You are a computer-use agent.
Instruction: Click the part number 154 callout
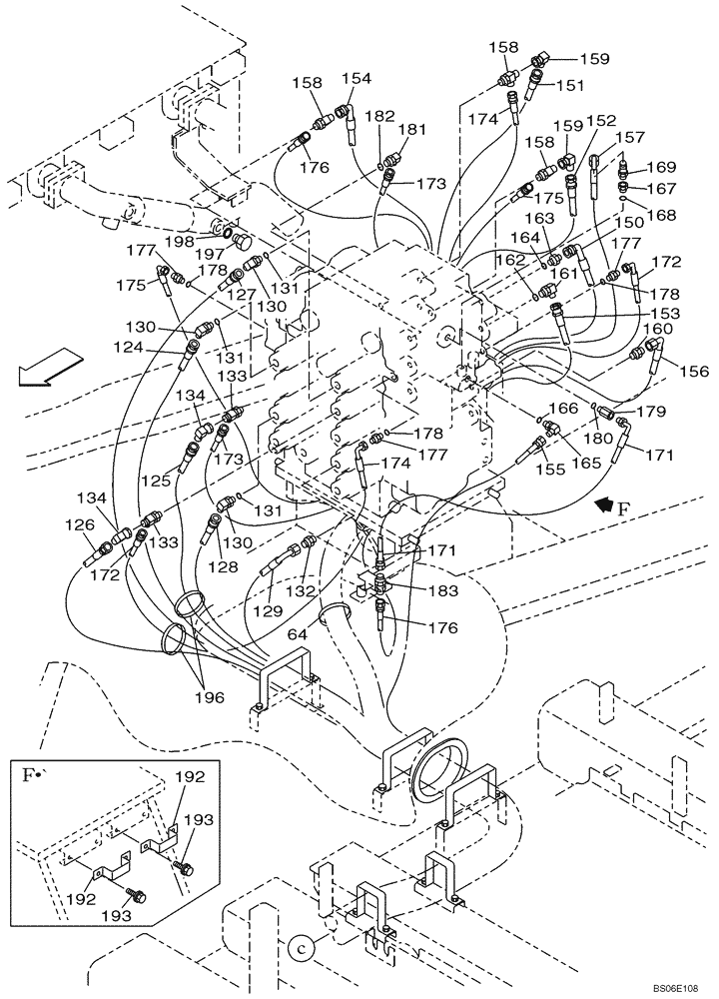pyautogui.click(x=356, y=79)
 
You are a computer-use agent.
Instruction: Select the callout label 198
pyautogui.click(x=181, y=241)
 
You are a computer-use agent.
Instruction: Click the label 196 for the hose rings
pyautogui.click(x=211, y=697)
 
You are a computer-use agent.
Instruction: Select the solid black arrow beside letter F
pyautogui.click(x=603, y=505)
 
